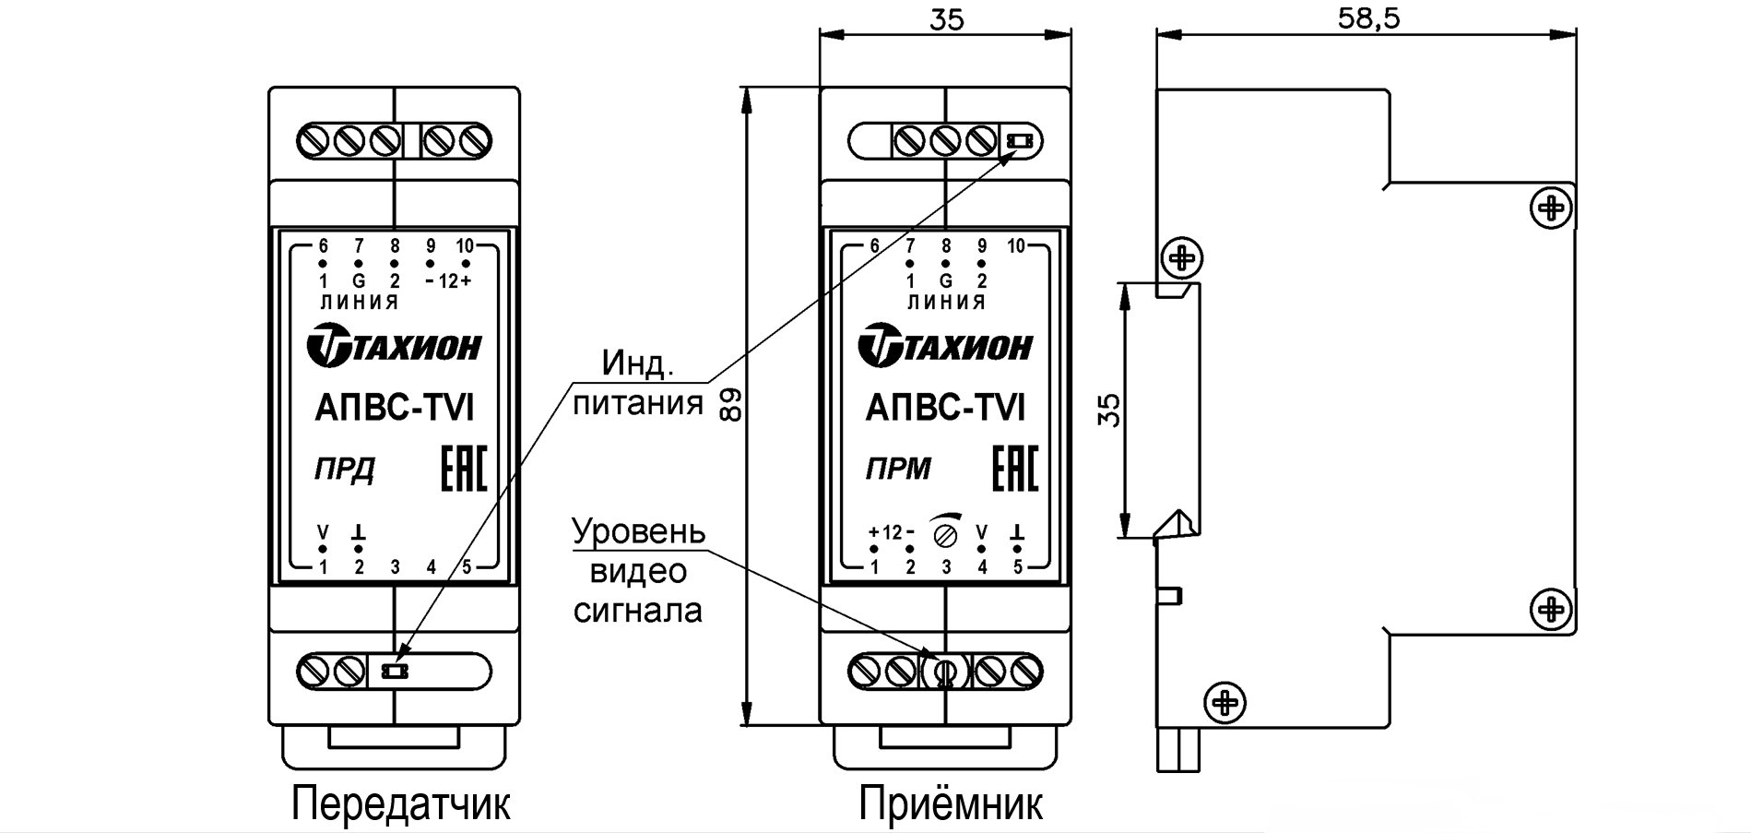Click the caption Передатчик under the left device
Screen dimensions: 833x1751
[400, 804]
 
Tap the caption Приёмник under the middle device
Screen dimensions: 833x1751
[951, 804]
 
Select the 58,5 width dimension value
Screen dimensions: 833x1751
[1368, 18]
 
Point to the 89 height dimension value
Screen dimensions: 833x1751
[729, 405]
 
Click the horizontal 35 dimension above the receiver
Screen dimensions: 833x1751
[946, 18]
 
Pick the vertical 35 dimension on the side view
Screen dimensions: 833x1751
[1110, 410]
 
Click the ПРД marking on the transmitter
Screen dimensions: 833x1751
[344, 470]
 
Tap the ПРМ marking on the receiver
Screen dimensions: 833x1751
[898, 470]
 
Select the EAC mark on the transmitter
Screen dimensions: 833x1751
[463, 470]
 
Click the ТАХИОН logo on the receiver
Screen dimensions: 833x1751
[946, 347]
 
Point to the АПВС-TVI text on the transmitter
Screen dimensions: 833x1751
[395, 408]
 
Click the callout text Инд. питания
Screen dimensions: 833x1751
[638, 383]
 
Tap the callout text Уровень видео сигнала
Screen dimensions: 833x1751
[638, 571]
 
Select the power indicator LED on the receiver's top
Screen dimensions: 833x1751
[1019, 141]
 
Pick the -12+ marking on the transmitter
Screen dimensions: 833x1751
[449, 281]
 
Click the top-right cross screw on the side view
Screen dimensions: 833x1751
[1552, 208]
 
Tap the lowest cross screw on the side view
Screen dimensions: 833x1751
[1225, 704]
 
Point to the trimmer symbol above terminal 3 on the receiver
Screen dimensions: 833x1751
[946, 532]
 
